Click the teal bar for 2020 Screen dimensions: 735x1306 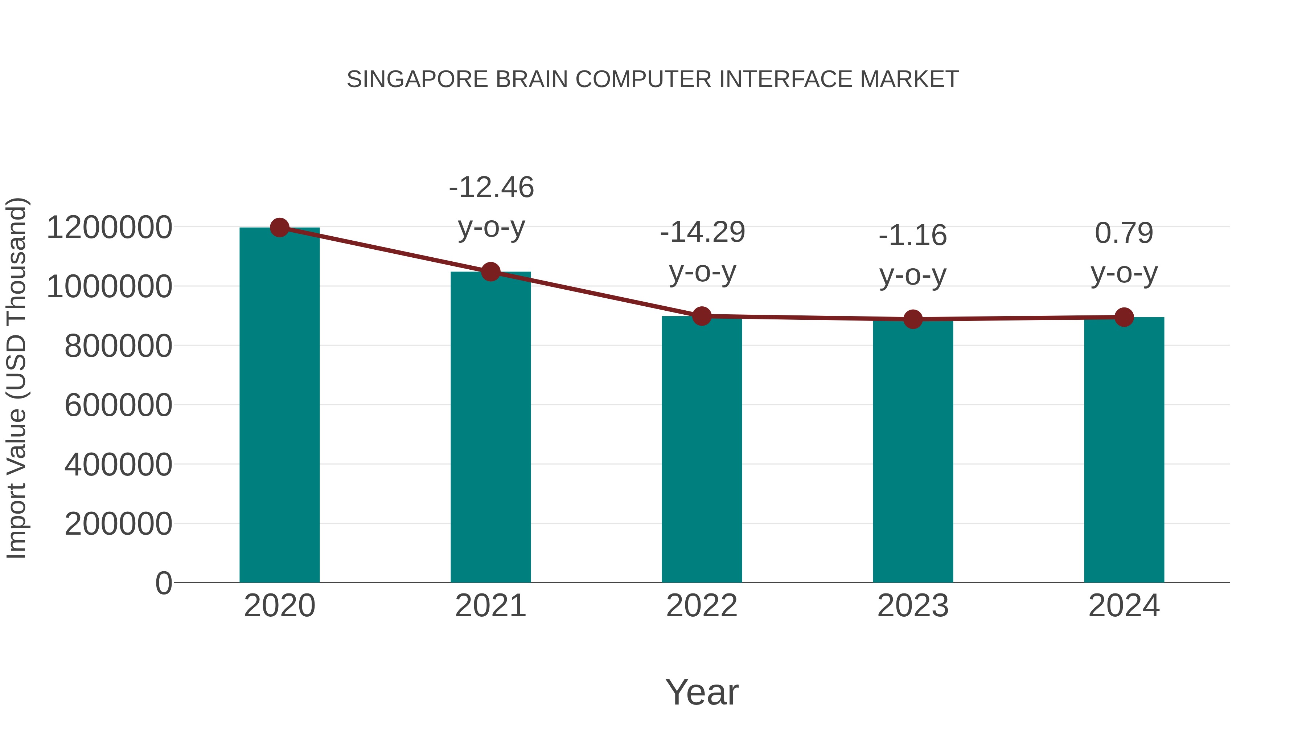tap(279, 406)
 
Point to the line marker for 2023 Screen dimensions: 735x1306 tap(913, 319)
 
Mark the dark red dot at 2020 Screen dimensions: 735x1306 tap(279, 228)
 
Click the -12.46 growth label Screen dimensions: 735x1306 tap(491, 188)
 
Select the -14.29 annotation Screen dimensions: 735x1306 tap(702, 232)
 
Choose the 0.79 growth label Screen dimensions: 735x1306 tap(1124, 233)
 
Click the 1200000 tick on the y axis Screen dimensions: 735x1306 tap(109, 228)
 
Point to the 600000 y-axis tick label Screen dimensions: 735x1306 tap(118, 405)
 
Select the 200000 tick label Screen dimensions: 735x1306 tap(118, 524)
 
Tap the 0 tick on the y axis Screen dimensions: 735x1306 tap(163, 583)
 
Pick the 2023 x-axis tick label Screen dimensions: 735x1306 tap(913, 606)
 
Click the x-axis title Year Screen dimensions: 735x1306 tap(702, 693)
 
